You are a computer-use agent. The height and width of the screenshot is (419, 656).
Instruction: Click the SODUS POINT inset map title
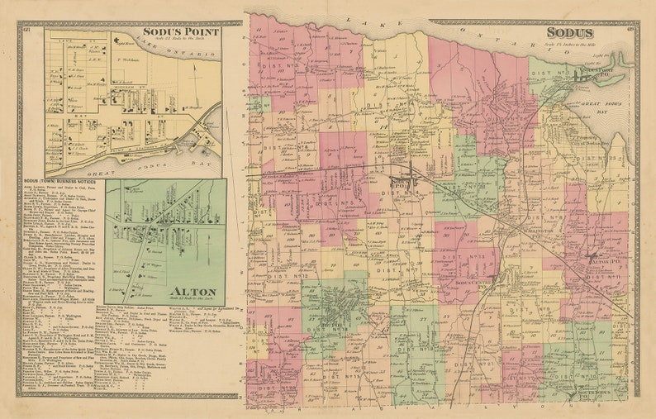180,32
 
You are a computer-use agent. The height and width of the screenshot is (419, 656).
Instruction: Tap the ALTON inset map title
194,292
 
